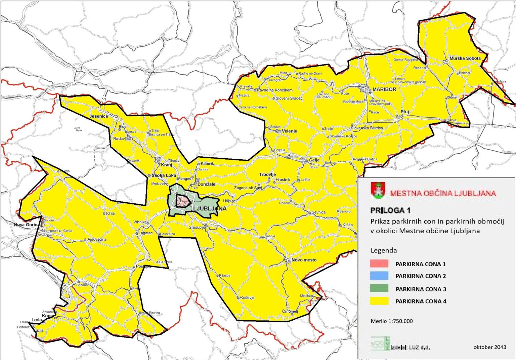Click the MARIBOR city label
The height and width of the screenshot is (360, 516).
pos(384,89)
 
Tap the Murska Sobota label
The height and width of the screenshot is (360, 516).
pos(465,58)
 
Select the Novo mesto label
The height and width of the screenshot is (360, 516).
pos(304,260)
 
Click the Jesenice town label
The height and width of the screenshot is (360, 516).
pos(98,116)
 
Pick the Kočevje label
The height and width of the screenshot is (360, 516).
pos(247,297)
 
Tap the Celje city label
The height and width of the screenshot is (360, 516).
pos(314,160)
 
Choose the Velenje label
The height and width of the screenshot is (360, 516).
pos(289,131)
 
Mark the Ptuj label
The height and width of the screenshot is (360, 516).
pos(404,112)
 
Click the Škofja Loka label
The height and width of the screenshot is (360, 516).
pos(164,175)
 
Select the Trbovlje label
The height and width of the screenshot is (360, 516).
pos(267,174)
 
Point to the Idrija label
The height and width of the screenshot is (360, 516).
pos(110,213)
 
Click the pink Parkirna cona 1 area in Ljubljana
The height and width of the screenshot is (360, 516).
pos(183,201)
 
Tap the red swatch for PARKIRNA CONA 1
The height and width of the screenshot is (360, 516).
pos(379,264)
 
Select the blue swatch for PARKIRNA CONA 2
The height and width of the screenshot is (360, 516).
pos(379,276)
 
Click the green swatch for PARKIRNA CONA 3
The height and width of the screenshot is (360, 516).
pos(379,288)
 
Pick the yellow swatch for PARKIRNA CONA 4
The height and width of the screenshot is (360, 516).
pos(379,301)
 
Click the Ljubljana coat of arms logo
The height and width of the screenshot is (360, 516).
pos(378,190)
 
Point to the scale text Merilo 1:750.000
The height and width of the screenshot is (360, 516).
pos(391,321)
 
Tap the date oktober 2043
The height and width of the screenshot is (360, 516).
pos(489,347)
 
